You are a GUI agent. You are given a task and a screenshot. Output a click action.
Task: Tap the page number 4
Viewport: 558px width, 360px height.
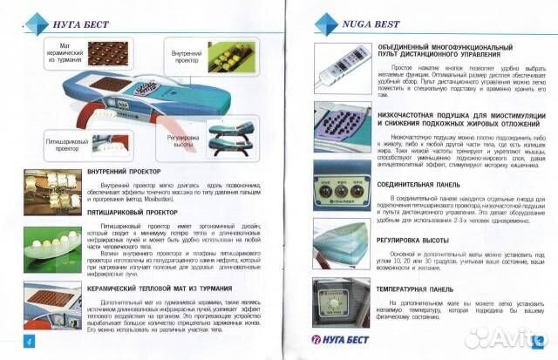(28, 339)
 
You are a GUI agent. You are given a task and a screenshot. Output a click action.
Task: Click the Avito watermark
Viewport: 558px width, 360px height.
(504, 338)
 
